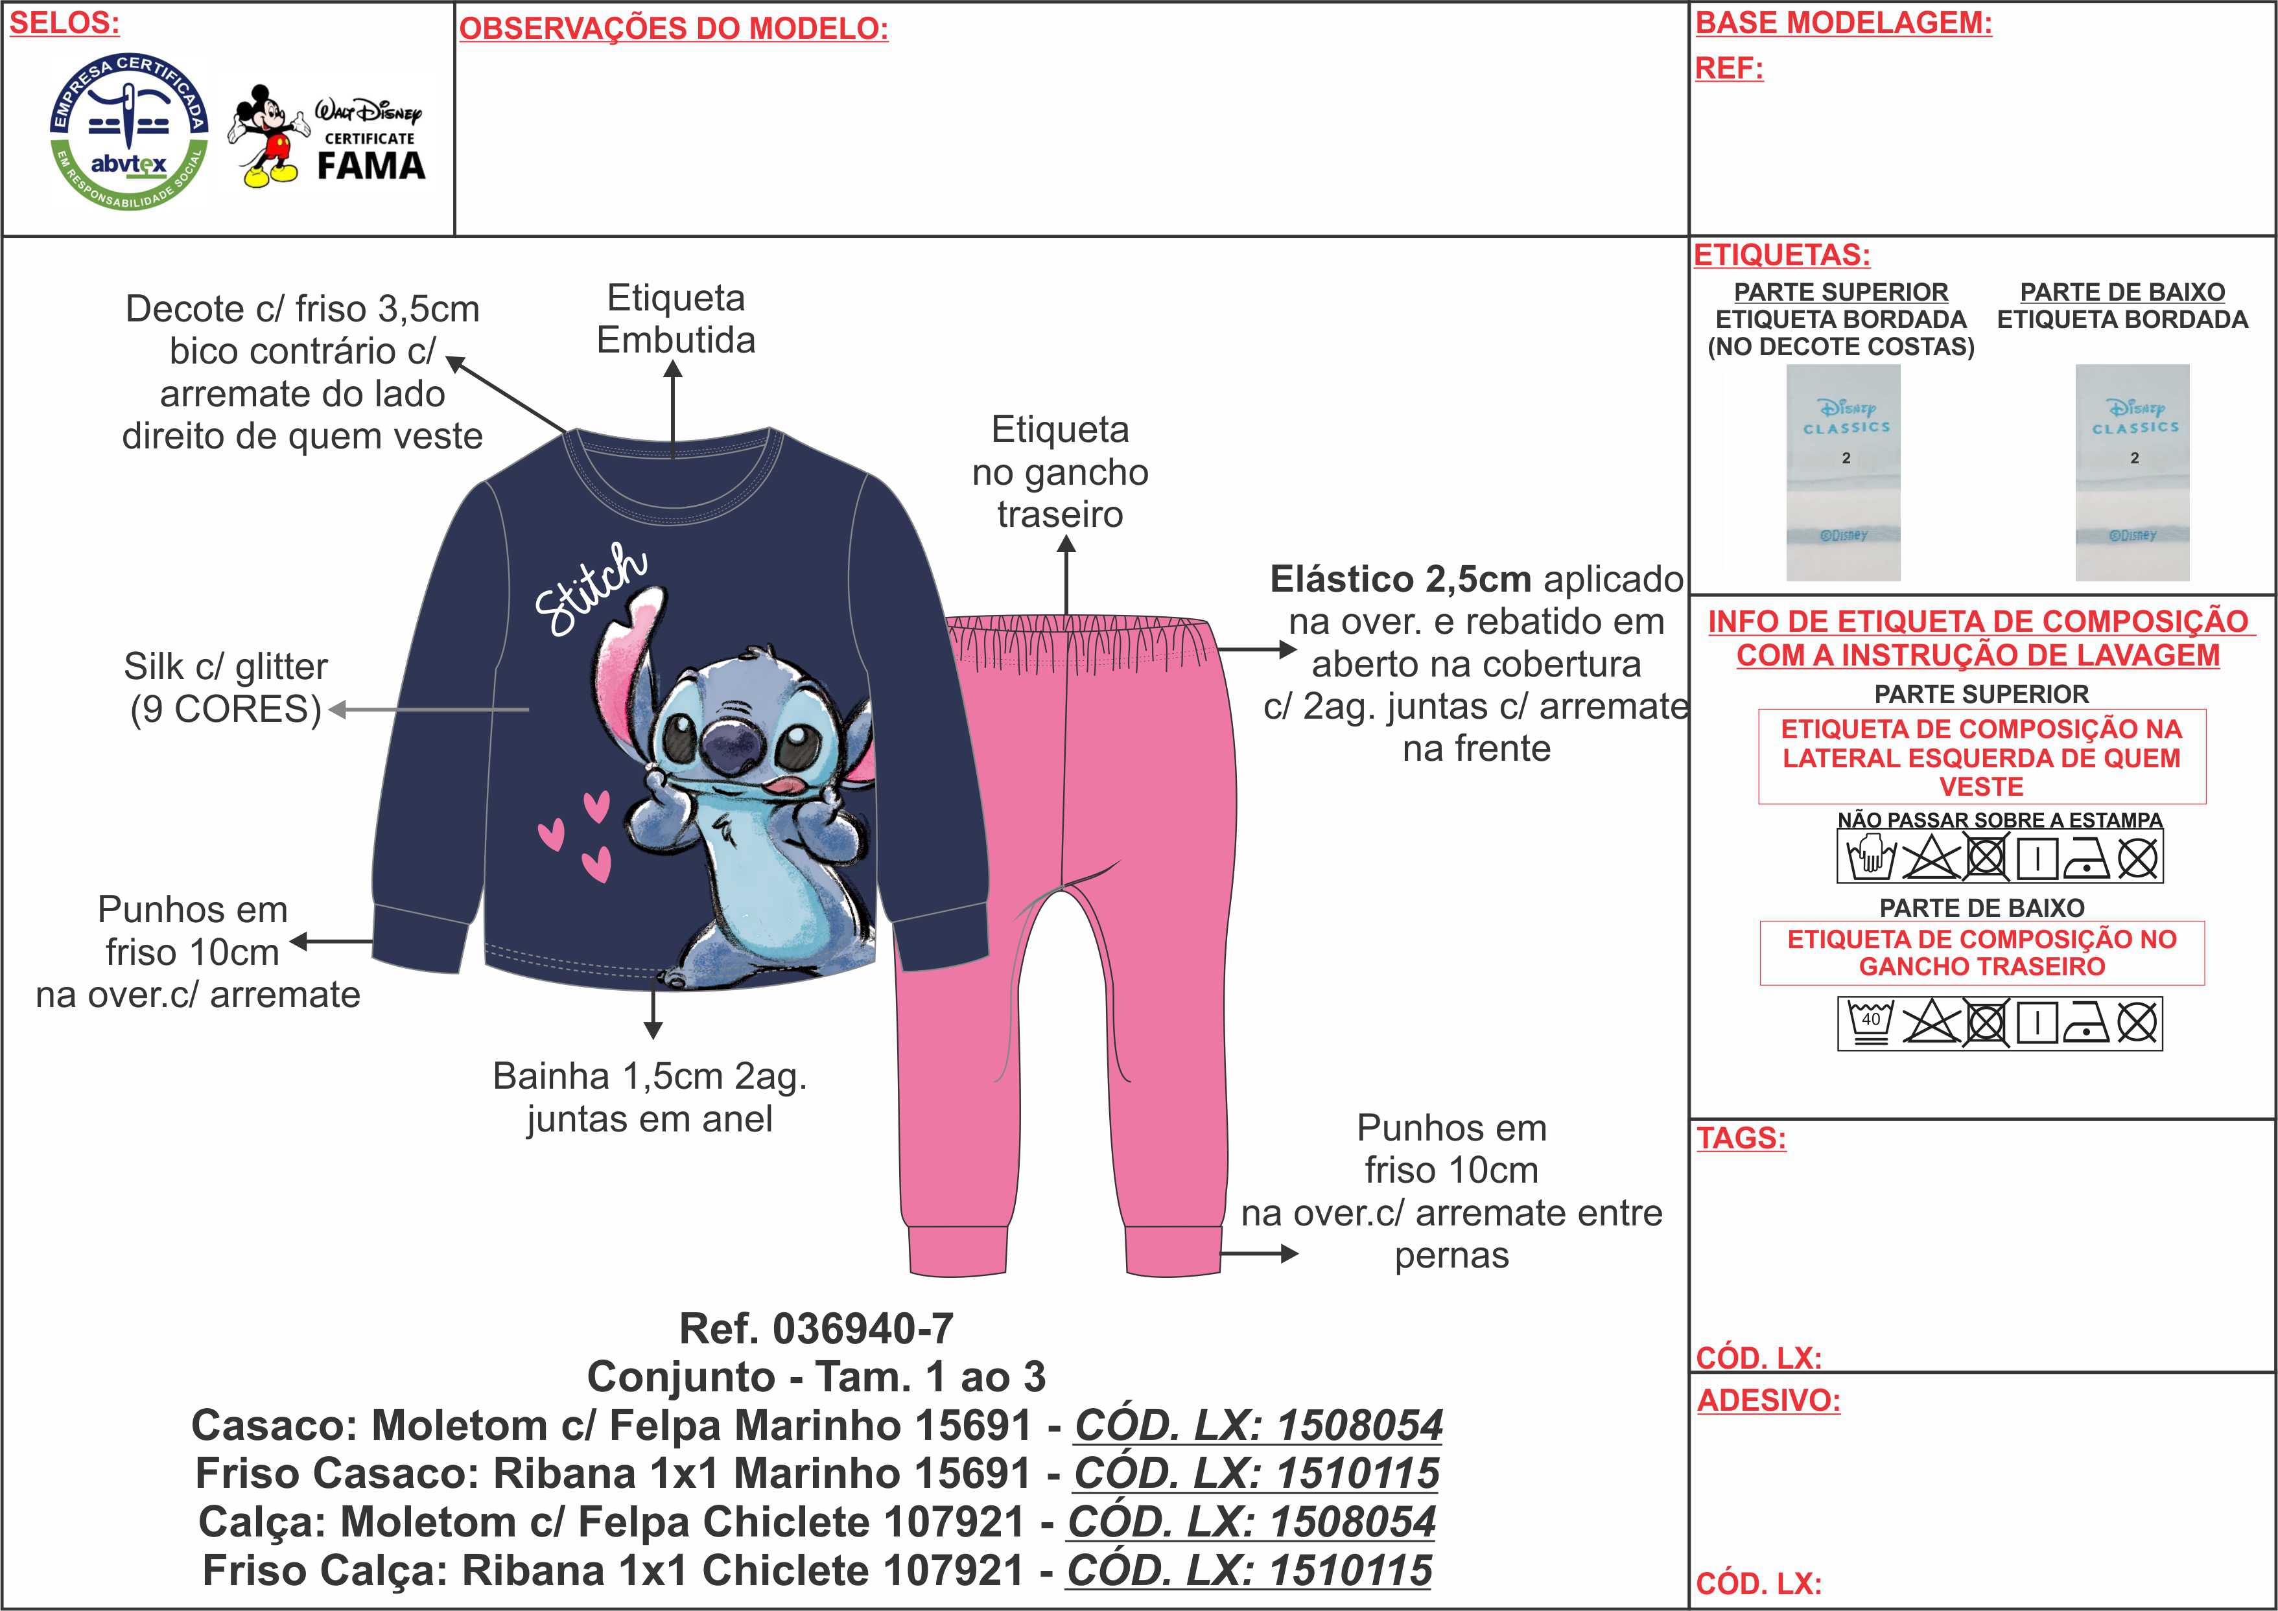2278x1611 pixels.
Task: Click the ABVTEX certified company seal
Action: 130,131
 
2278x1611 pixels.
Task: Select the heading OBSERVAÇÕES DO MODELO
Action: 674,29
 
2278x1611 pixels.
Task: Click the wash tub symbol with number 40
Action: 1870,1023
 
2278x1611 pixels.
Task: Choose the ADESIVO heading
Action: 1768,1400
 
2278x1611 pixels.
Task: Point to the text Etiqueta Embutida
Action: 675,318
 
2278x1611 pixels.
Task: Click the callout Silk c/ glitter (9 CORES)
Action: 226,688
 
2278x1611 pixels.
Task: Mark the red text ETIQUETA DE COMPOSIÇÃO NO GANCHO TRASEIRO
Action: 1981,953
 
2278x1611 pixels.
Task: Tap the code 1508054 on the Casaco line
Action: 1359,1426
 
